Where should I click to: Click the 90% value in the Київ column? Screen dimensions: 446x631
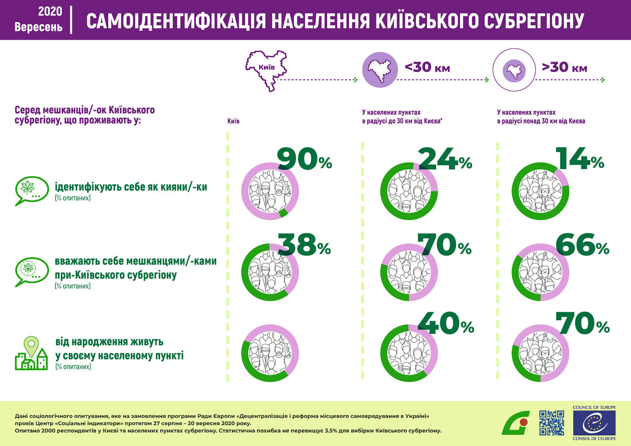point(304,160)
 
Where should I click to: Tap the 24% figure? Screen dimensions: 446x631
point(445,160)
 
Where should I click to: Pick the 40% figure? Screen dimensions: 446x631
point(446,324)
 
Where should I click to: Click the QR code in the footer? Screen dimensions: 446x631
point(551,423)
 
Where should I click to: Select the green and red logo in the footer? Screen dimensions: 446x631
point(516,423)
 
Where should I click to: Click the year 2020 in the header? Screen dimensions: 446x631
point(50,11)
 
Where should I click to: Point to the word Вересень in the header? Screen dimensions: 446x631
point(38,27)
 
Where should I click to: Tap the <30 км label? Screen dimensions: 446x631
point(427,68)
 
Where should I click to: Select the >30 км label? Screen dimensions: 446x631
point(564,68)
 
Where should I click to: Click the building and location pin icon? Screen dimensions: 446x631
point(31,353)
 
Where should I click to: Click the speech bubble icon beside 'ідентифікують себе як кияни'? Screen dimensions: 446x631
point(32,190)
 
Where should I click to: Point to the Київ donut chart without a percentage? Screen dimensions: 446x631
point(270,353)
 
